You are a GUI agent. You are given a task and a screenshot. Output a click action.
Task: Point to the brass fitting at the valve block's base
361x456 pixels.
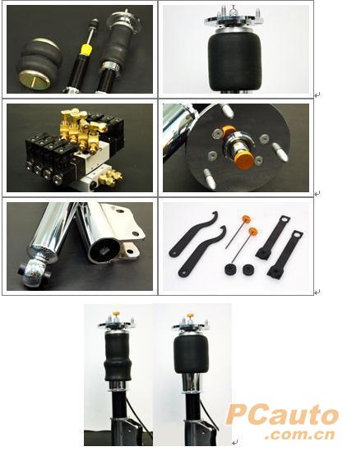click(110, 177)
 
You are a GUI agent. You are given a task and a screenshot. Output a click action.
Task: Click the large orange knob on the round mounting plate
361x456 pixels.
click(243, 162)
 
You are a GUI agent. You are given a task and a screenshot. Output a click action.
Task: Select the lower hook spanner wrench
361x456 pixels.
click(202, 251)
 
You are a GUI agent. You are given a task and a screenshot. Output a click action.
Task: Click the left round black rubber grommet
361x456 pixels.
click(231, 269)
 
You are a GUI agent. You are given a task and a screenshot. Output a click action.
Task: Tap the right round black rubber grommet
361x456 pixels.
click(248, 269)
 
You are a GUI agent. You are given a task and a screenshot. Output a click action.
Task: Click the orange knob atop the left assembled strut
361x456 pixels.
click(117, 314)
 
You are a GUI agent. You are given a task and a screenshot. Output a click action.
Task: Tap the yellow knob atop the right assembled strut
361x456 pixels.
click(191, 316)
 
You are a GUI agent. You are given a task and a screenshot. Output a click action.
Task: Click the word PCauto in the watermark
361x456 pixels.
click(282, 415)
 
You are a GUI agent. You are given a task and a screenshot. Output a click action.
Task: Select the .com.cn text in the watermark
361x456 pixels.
click(300, 435)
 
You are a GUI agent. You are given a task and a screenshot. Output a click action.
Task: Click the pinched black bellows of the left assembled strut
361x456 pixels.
click(118, 357)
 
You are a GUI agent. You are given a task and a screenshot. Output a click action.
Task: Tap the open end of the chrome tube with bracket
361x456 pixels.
click(104, 249)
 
